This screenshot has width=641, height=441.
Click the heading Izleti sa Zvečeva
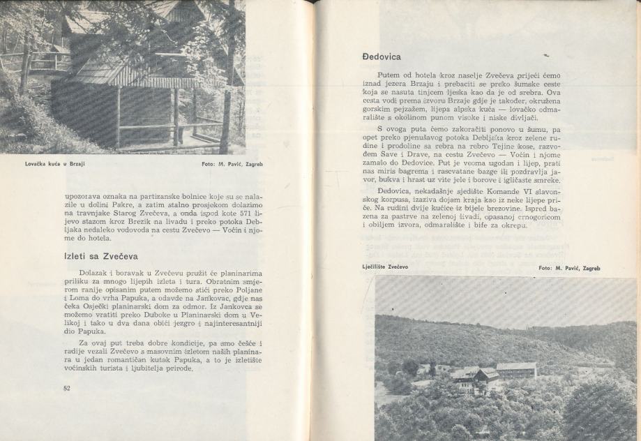click(x=100, y=256)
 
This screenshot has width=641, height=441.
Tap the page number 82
click(x=68, y=388)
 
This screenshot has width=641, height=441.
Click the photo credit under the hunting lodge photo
click(x=229, y=164)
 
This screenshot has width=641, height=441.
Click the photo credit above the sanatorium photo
click(x=569, y=267)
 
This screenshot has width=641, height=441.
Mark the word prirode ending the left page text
click(x=174, y=369)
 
